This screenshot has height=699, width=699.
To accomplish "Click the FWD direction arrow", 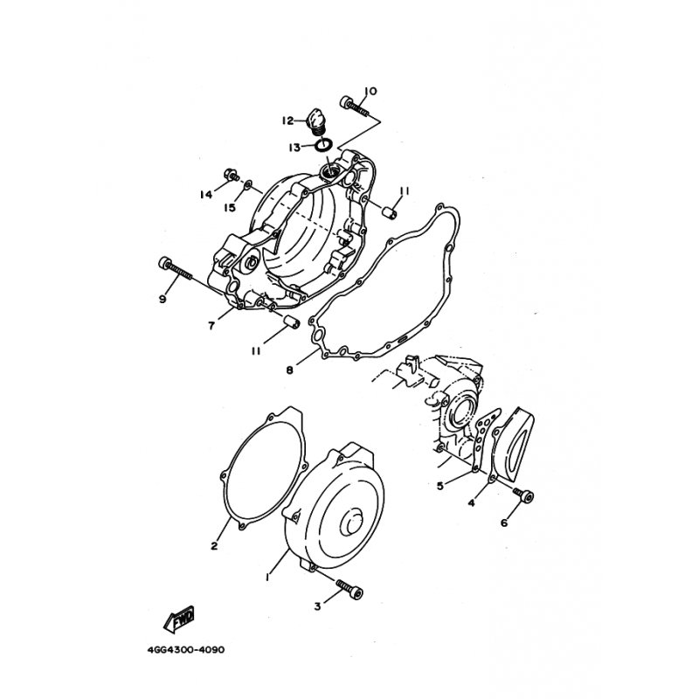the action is click(180, 619).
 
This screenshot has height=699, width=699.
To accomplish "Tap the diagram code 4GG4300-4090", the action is click(186, 649).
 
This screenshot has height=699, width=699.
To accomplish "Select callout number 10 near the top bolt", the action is click(370, 92).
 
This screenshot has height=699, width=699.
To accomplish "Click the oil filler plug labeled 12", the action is click(316, 121).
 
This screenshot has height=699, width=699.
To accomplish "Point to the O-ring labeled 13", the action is click(323, 144).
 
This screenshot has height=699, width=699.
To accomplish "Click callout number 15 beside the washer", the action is click(230, 208).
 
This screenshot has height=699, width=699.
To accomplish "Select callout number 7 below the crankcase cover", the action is click(211, 326).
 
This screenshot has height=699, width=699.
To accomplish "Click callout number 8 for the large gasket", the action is click(290, 370).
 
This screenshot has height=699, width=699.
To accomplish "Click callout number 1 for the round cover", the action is click(267, 577).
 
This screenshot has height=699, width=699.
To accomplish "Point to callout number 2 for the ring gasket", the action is click(214, 545).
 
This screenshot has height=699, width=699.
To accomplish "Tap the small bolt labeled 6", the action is click(523, 494).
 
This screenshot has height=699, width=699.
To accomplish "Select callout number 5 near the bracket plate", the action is click(440, 486).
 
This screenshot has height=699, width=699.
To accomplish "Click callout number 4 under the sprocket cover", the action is click(471, 503).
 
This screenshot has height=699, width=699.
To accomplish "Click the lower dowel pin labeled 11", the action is click(292, 321).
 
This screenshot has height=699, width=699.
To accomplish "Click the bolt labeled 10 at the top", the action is click(355, 106).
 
